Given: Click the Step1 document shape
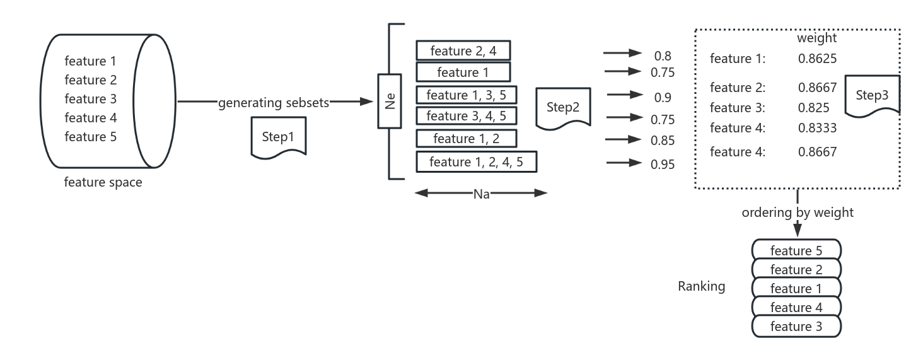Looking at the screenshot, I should pyautogui.click(x=279, y=136).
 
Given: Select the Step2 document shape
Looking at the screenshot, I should pyautogui.click(x=562, y=108).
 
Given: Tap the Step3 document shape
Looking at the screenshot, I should pyautogui.click(x=872, y=96).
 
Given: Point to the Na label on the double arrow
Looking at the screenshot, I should pyautogui.click(x=481, y=194).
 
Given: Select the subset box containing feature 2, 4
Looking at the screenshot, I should pyautogui.click(x=463, y=50).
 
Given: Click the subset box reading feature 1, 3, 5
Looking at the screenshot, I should pyautogui.click(x=466, y=95).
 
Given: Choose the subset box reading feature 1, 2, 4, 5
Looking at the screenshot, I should pyautogui.click(x=476, y=162).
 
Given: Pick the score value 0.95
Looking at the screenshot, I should pyautogui.click(x=663, y=164).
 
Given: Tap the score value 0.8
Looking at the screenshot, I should pyautogui.click(x=662, y=55).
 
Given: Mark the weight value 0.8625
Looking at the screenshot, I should pyautogui.click(x=817, y=59).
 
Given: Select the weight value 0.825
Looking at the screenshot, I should pyautogui.click(x=813, y=107).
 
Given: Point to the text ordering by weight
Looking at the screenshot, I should pyautogui.click(x=798, y=212).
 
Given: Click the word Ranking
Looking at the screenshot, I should pyautogui.click(x=701, y=286).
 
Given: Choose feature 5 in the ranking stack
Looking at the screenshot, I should pyautogui.click(x=796, y=250).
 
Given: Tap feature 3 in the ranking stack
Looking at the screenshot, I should pyautogui.click(x=796, y=327).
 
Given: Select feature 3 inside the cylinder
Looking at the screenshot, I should pyautogui.click(x=90, y=99).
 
